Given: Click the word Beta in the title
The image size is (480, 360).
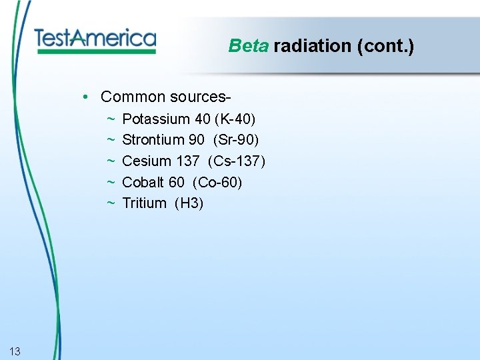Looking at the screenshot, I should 247,46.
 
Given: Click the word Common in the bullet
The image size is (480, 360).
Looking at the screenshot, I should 132,97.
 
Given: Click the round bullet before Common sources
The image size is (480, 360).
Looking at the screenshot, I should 87,97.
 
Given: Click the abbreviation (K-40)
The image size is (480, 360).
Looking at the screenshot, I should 235,119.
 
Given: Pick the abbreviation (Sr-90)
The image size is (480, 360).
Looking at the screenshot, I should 237,140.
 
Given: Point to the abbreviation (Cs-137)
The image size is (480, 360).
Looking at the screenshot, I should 237,161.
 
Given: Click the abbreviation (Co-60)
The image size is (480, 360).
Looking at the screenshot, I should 218,182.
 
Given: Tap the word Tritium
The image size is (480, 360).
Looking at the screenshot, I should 145,203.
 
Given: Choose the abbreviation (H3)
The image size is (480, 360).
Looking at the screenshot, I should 189,203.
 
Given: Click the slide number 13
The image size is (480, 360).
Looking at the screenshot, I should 15,351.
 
